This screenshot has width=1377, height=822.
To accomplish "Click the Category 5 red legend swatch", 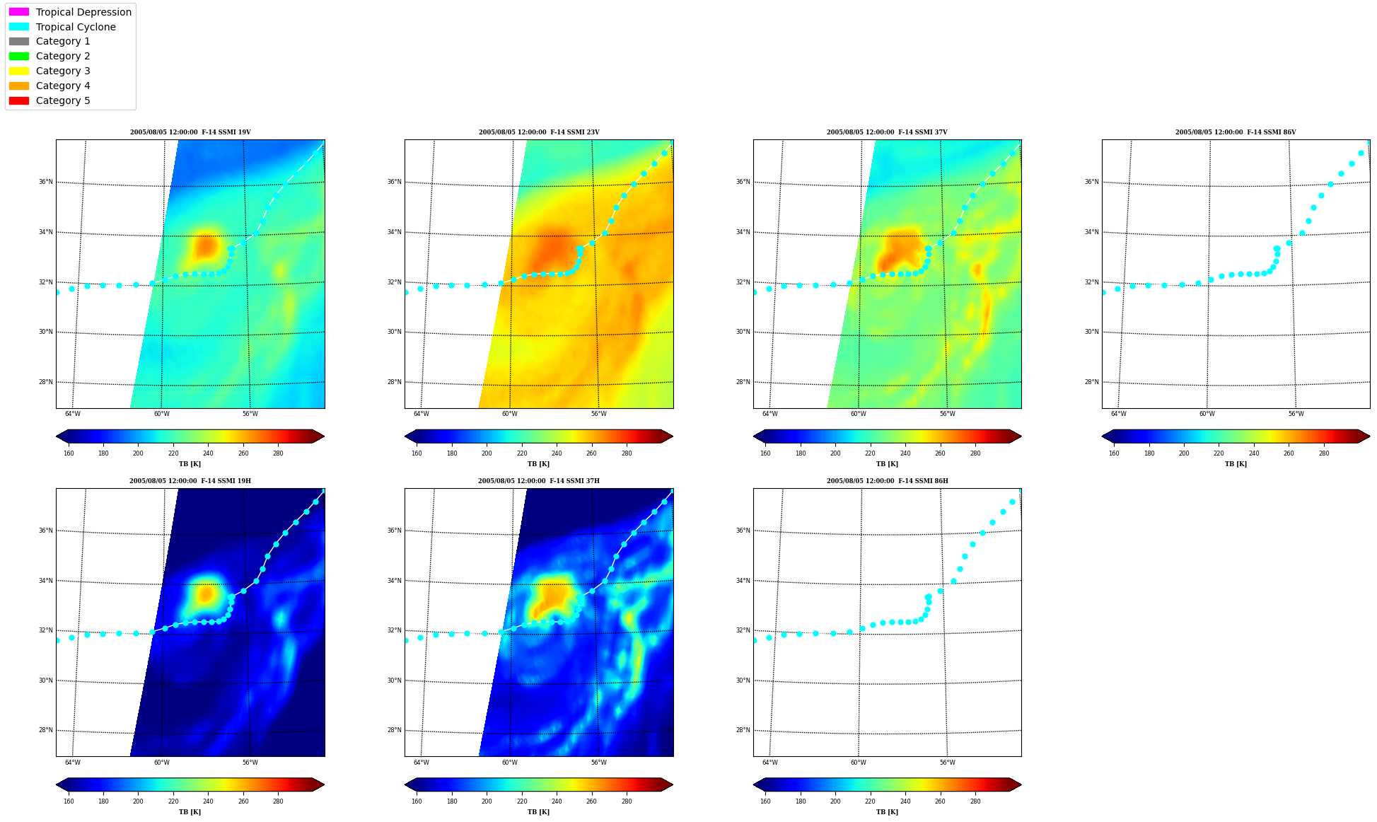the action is pyautogui.click(x=19, y=100).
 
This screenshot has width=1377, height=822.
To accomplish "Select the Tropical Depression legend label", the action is pyautogui.click(x=83, y=12).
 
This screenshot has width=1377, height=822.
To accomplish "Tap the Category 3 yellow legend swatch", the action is pyautogui.click(x=19, y=71).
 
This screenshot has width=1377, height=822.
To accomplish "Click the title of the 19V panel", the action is pyautogui.click(x=190, y=132).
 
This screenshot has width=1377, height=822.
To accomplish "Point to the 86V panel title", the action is pyautogui.click(x=1236, y=132).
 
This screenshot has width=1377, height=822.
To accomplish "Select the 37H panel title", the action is pyautogui.click(x=539, y=481).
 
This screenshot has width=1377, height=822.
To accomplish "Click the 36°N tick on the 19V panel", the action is pyautogui.click(x=46, y=182).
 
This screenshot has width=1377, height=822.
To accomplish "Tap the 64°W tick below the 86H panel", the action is pyautogui.click(x=769, y=763).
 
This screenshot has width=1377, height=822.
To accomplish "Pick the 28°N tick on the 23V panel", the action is pyautogui.click(x=394, y=382).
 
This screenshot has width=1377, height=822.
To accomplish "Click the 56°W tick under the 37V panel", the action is pyautogui.click(x=947, y=414).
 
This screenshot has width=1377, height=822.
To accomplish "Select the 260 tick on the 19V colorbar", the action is pyautogui.click(x=243, y=453).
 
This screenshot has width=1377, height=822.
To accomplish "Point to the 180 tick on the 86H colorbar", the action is pyautogui.click(x=801, y=801).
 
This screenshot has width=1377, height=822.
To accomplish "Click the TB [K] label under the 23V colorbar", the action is pyautogui.click(x=538, y=464).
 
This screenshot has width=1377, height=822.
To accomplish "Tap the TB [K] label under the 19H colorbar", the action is pyautogui.click(x=190, y=812).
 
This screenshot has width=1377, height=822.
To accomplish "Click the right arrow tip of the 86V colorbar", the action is pyautogui.click(x=1369, y=436).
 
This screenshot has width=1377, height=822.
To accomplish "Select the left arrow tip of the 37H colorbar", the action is pyautogui.click(x=405, y=785).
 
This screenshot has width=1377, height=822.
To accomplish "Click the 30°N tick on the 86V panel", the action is pyautogui.click(x=1092, y=332).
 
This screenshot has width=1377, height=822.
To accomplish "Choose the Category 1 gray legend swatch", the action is pyautogui.click(x=19, y=41).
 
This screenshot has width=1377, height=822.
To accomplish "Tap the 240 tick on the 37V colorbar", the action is pyautogui.click(x=905, y=453).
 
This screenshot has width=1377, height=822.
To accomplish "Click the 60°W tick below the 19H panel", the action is pyautogui.click(x=161, y=763).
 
